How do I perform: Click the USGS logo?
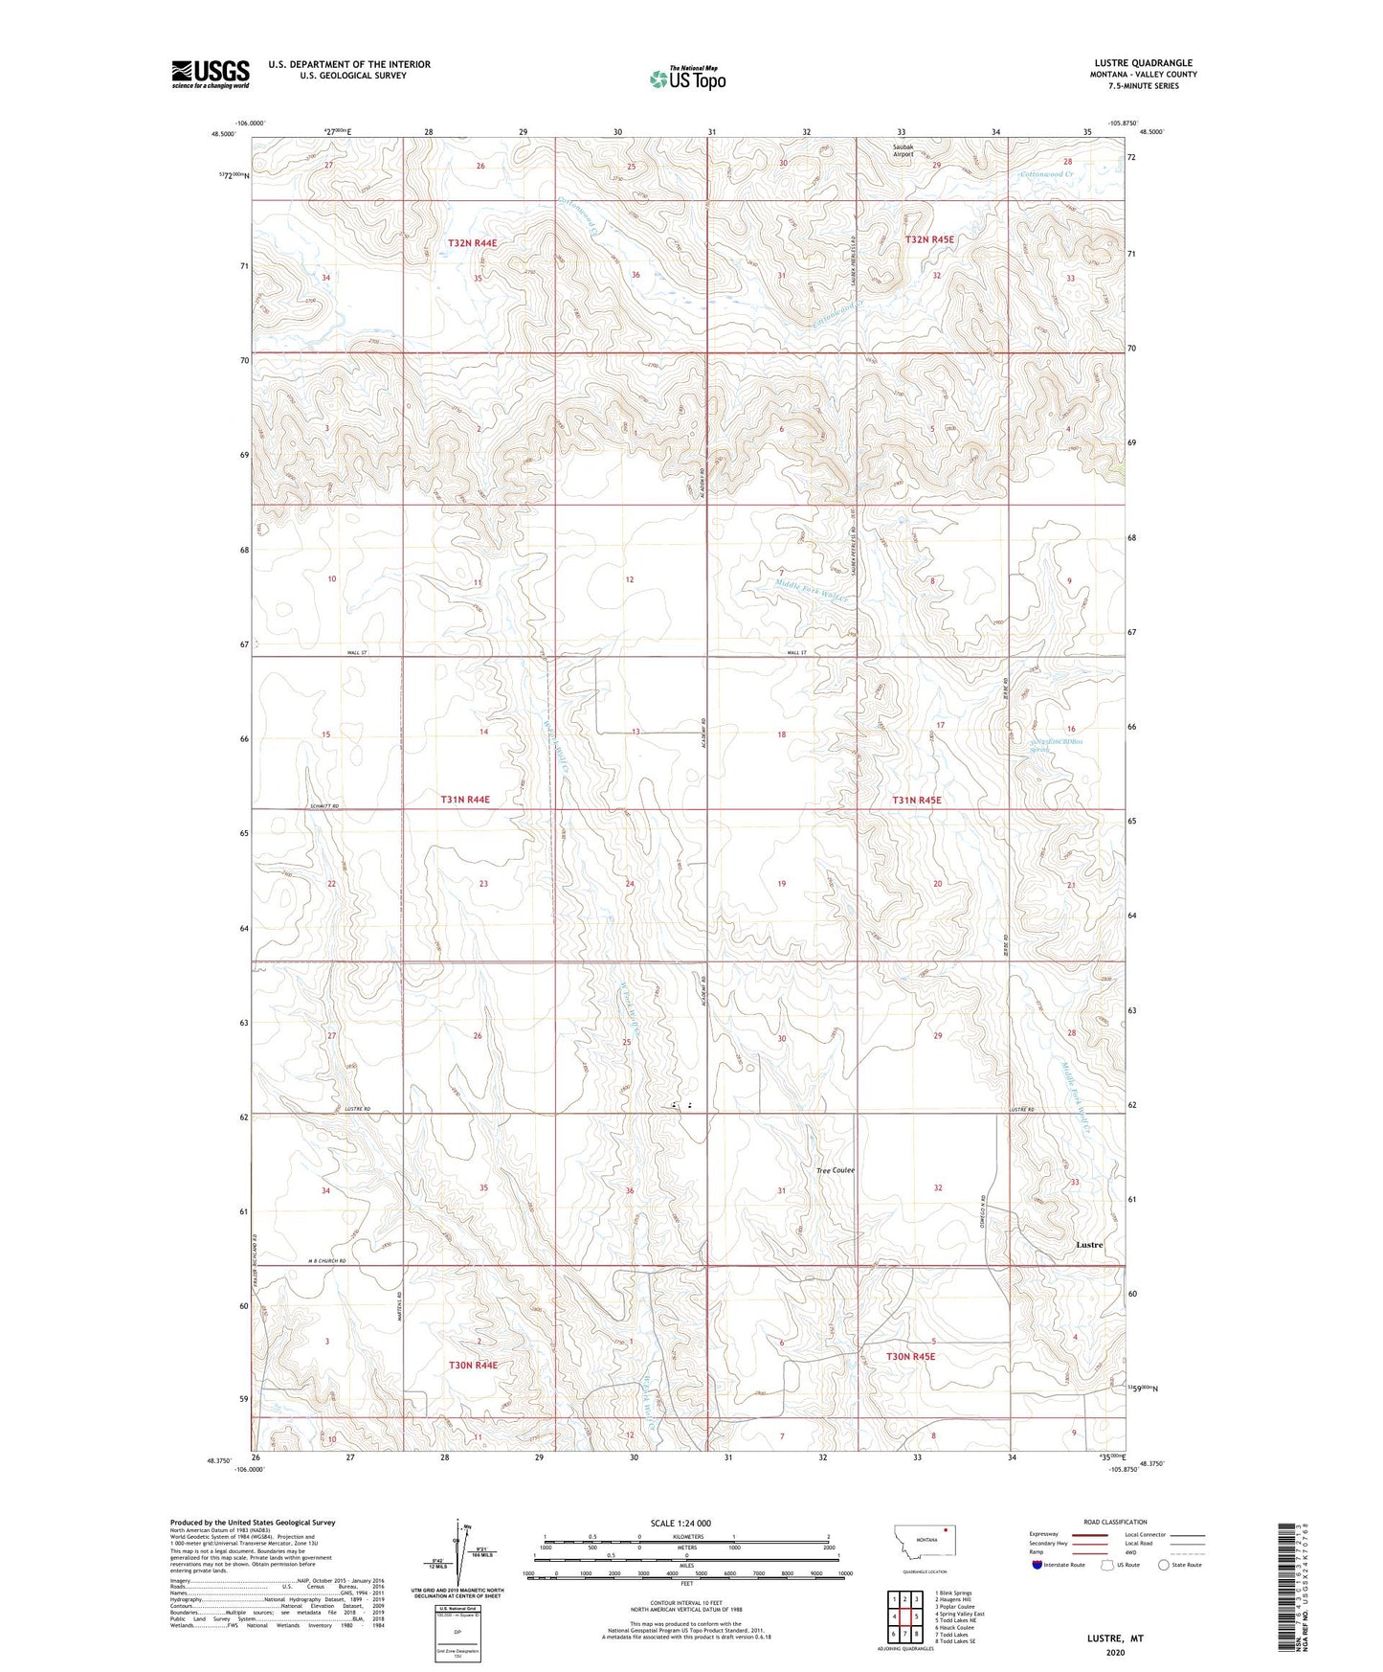pos(210,74)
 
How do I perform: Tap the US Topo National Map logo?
pos(688,78)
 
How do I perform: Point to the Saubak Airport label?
pos(903,150)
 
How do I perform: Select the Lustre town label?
pos(1089,1245)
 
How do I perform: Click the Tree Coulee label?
pos(835,1170)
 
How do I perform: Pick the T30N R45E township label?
pos(910,1356)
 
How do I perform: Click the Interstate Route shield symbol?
pos(1037,1565)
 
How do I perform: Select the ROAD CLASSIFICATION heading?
pos(1115,1522)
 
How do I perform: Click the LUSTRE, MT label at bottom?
pos(1115,1638)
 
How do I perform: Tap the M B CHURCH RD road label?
pos(326,1261)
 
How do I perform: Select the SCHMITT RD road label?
pos(325,806)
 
